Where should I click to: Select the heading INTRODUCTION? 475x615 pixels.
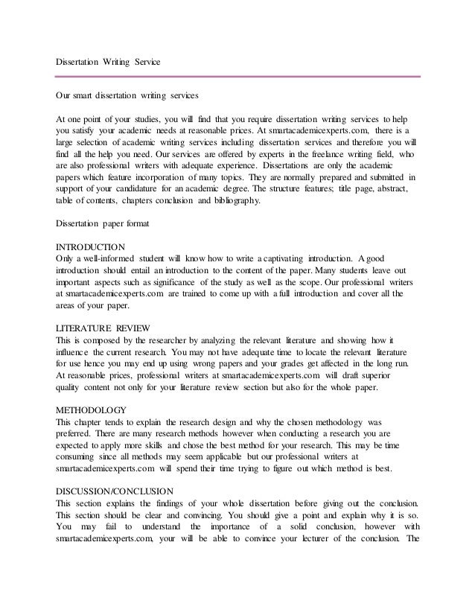(91, 246)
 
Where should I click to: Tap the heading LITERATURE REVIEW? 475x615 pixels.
(103, 328)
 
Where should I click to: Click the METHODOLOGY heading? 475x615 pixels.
(92, 410)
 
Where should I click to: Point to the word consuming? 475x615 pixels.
(77, 457)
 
